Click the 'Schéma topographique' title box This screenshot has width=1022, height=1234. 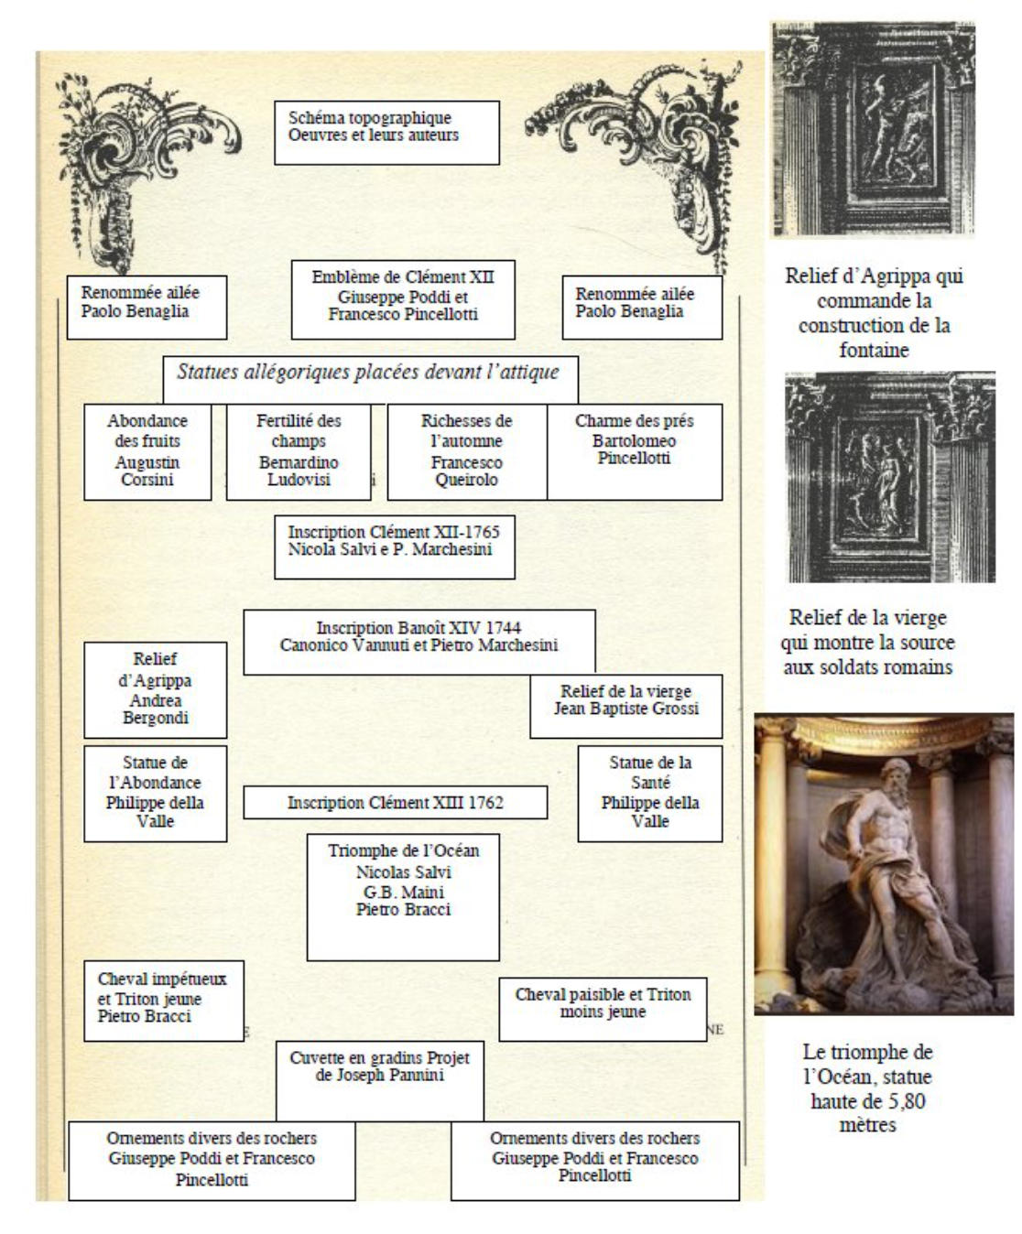coord(386,132)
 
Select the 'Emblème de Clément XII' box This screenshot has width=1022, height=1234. coord(403,299)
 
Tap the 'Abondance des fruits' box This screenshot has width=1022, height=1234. coord(147,451)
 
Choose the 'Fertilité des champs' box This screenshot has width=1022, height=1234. coord(299,451)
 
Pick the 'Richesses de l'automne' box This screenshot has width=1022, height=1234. coord(467,451)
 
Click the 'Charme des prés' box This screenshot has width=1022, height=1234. coord(634,450)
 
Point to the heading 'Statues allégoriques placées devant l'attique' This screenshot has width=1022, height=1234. coord(368,373)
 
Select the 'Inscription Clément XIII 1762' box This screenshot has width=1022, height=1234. coord(395,803)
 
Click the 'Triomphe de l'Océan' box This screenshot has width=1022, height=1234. coord(403,895)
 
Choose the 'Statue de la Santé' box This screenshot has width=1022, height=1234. coord(650,793)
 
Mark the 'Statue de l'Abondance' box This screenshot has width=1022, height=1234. coord(155,793)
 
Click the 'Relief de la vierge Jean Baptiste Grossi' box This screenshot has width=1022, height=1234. coord(625,706)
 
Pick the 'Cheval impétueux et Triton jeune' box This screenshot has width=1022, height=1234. coord(163,1000)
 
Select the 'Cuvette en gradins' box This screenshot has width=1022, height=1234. coord(379,1079)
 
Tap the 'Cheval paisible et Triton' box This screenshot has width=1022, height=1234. coord(603,1008)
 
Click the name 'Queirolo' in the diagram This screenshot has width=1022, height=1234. coord(466,481)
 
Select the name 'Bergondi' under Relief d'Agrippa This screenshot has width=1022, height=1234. coord(156,719)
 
